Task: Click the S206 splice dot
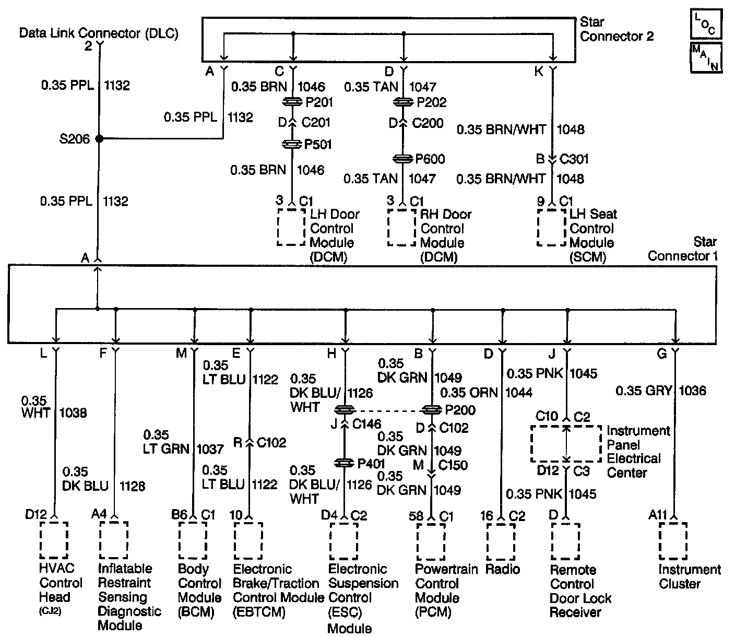click(99, 139)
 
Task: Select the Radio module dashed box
click(501, 541)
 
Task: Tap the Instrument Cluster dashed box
click(673, 541)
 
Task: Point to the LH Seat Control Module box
click(552, 228)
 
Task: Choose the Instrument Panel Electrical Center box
click(566, 443)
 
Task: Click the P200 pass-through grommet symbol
click(432, 410)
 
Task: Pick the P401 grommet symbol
click(345, 463)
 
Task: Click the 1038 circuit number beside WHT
click(74, 413)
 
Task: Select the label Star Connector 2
click(617, 29)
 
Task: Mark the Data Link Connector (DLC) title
click(99, 33)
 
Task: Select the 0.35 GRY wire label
click(643, 390)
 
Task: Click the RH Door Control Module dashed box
click(401, 228)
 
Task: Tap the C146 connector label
click(366, 424)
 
